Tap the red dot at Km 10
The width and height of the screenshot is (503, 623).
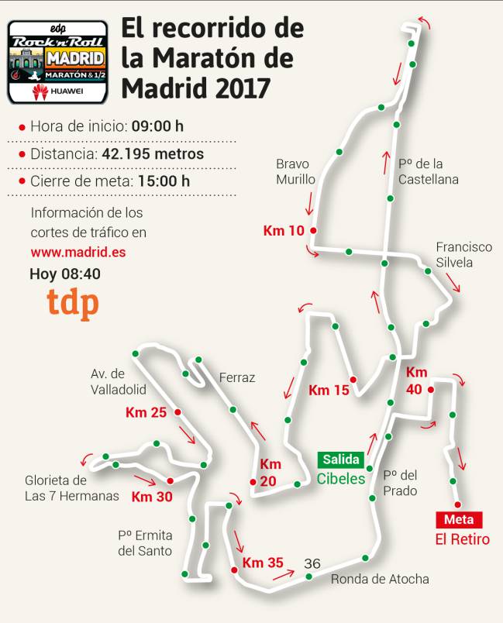313,231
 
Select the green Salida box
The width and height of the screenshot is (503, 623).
340,460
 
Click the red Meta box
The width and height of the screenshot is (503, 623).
459,519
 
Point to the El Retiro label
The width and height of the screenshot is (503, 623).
462,539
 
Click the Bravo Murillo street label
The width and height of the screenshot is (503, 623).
295,171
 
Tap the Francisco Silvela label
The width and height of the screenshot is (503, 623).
463,254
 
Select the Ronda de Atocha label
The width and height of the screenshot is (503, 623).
380,579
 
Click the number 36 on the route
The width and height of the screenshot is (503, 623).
313,563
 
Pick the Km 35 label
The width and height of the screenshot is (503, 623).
264,563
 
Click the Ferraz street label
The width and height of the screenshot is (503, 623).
237,377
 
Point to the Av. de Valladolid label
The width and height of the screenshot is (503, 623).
119,381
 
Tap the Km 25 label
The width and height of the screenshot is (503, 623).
146,412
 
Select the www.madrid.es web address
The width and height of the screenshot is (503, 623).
78,252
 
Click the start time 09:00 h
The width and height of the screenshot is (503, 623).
157,126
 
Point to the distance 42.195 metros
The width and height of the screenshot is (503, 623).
153,153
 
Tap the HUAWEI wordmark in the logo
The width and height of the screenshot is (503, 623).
67,92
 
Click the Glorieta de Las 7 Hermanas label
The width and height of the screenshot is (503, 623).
72,488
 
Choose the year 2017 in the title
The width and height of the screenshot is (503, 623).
238,88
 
